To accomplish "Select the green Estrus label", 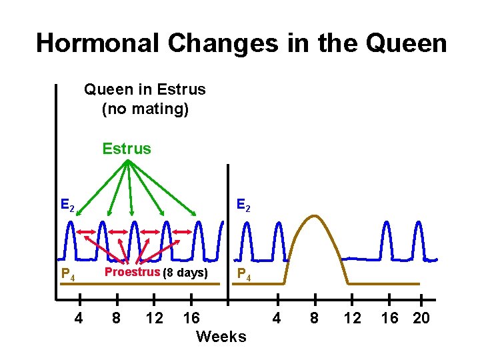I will pyautogui.click(x=127, y=149).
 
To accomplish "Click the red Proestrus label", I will pyautogui.click(x=132, y=272).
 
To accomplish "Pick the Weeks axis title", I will pyautogui.click(x=221, y=337).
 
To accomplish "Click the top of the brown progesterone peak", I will pyautogui.click(x=315, y=217).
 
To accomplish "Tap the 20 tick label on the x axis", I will pyautogui.click(x=421, y=319).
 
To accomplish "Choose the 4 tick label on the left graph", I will pyautogui.click(x=79, y=319).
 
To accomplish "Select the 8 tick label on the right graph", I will pyautogui.click(x=315, y=319).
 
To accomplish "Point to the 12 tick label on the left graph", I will pyautogui.click(x=154, y=319).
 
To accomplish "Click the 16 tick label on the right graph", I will pyautogui.click(x=390, y=319).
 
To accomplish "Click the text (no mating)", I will pyautogui.click(x=145, y=108).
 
